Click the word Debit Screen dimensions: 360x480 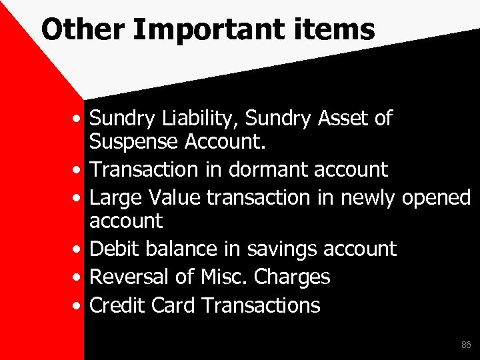[113, 249]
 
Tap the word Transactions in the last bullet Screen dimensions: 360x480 [260, 305]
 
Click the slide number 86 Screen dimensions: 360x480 [465, 345]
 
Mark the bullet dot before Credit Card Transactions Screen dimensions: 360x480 [79, 306]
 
